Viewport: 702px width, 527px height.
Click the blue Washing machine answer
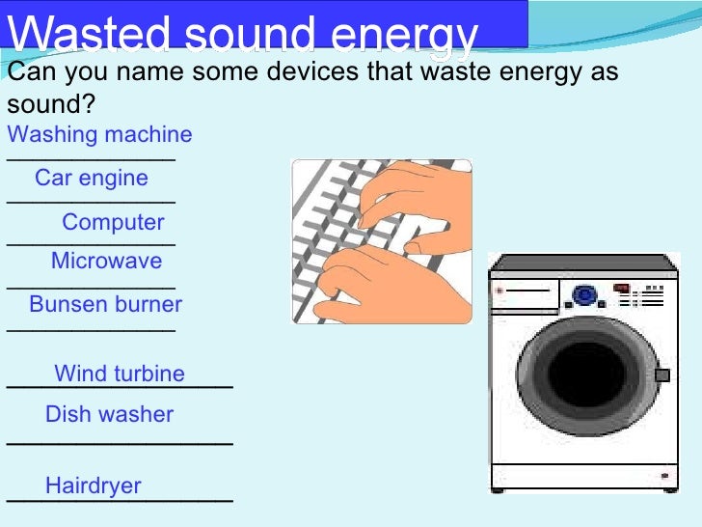coord(99,134)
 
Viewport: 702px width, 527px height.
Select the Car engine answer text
coord(92,179)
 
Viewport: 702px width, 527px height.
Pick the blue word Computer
coord(113,222)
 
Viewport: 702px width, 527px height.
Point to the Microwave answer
coord(106,261)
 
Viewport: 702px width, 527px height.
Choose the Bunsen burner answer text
coord(105,305)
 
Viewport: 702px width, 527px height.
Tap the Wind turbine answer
coord(120,374)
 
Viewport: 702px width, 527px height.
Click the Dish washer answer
coord(109,415)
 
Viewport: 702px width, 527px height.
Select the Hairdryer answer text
coord(94,485)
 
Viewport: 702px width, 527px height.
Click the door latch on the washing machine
coord(661,374)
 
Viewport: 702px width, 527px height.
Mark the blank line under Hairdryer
coord(120,501)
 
